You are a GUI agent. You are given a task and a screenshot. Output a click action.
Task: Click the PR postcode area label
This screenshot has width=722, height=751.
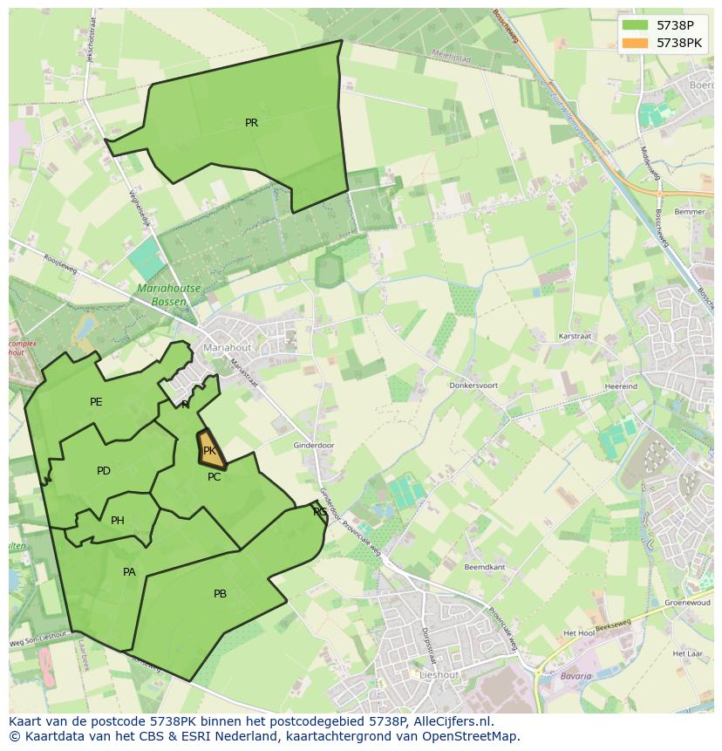(251, 123)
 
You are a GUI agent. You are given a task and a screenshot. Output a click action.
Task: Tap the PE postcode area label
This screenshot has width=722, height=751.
(96, 402)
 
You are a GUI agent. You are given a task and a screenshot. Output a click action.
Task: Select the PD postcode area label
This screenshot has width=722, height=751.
(104, 471)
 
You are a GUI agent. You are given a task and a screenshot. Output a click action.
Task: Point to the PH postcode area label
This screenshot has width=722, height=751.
(118, 521)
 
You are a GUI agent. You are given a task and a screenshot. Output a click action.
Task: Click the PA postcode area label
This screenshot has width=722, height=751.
(129, 572)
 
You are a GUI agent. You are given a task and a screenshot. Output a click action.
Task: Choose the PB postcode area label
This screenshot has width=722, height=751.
(220, 594)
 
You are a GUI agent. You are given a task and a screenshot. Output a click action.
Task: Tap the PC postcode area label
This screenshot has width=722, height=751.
(214, 477)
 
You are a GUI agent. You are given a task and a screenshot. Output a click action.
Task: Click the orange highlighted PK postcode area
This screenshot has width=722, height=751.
(210, 450)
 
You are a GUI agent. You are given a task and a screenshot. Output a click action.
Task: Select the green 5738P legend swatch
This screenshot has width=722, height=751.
(636, 25)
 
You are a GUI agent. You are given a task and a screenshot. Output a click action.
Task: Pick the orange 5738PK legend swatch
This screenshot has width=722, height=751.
(636, 42)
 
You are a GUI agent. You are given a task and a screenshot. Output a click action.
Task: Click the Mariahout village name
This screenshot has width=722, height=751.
(227, 347)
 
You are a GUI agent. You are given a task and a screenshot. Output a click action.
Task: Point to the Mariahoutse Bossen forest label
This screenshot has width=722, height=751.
(168, 294)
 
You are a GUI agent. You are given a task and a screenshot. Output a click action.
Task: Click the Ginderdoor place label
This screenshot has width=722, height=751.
(314, 446)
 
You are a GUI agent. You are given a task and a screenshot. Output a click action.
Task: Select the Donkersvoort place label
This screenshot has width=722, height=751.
(473, 385)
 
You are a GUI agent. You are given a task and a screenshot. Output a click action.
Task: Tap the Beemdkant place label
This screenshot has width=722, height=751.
(485, 567)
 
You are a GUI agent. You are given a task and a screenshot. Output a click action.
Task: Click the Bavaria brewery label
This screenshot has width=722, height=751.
(576, 676)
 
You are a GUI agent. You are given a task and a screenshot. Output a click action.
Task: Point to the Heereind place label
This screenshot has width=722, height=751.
(622, 386)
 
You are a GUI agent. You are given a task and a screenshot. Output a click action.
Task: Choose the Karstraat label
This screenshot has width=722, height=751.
(576, 336)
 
